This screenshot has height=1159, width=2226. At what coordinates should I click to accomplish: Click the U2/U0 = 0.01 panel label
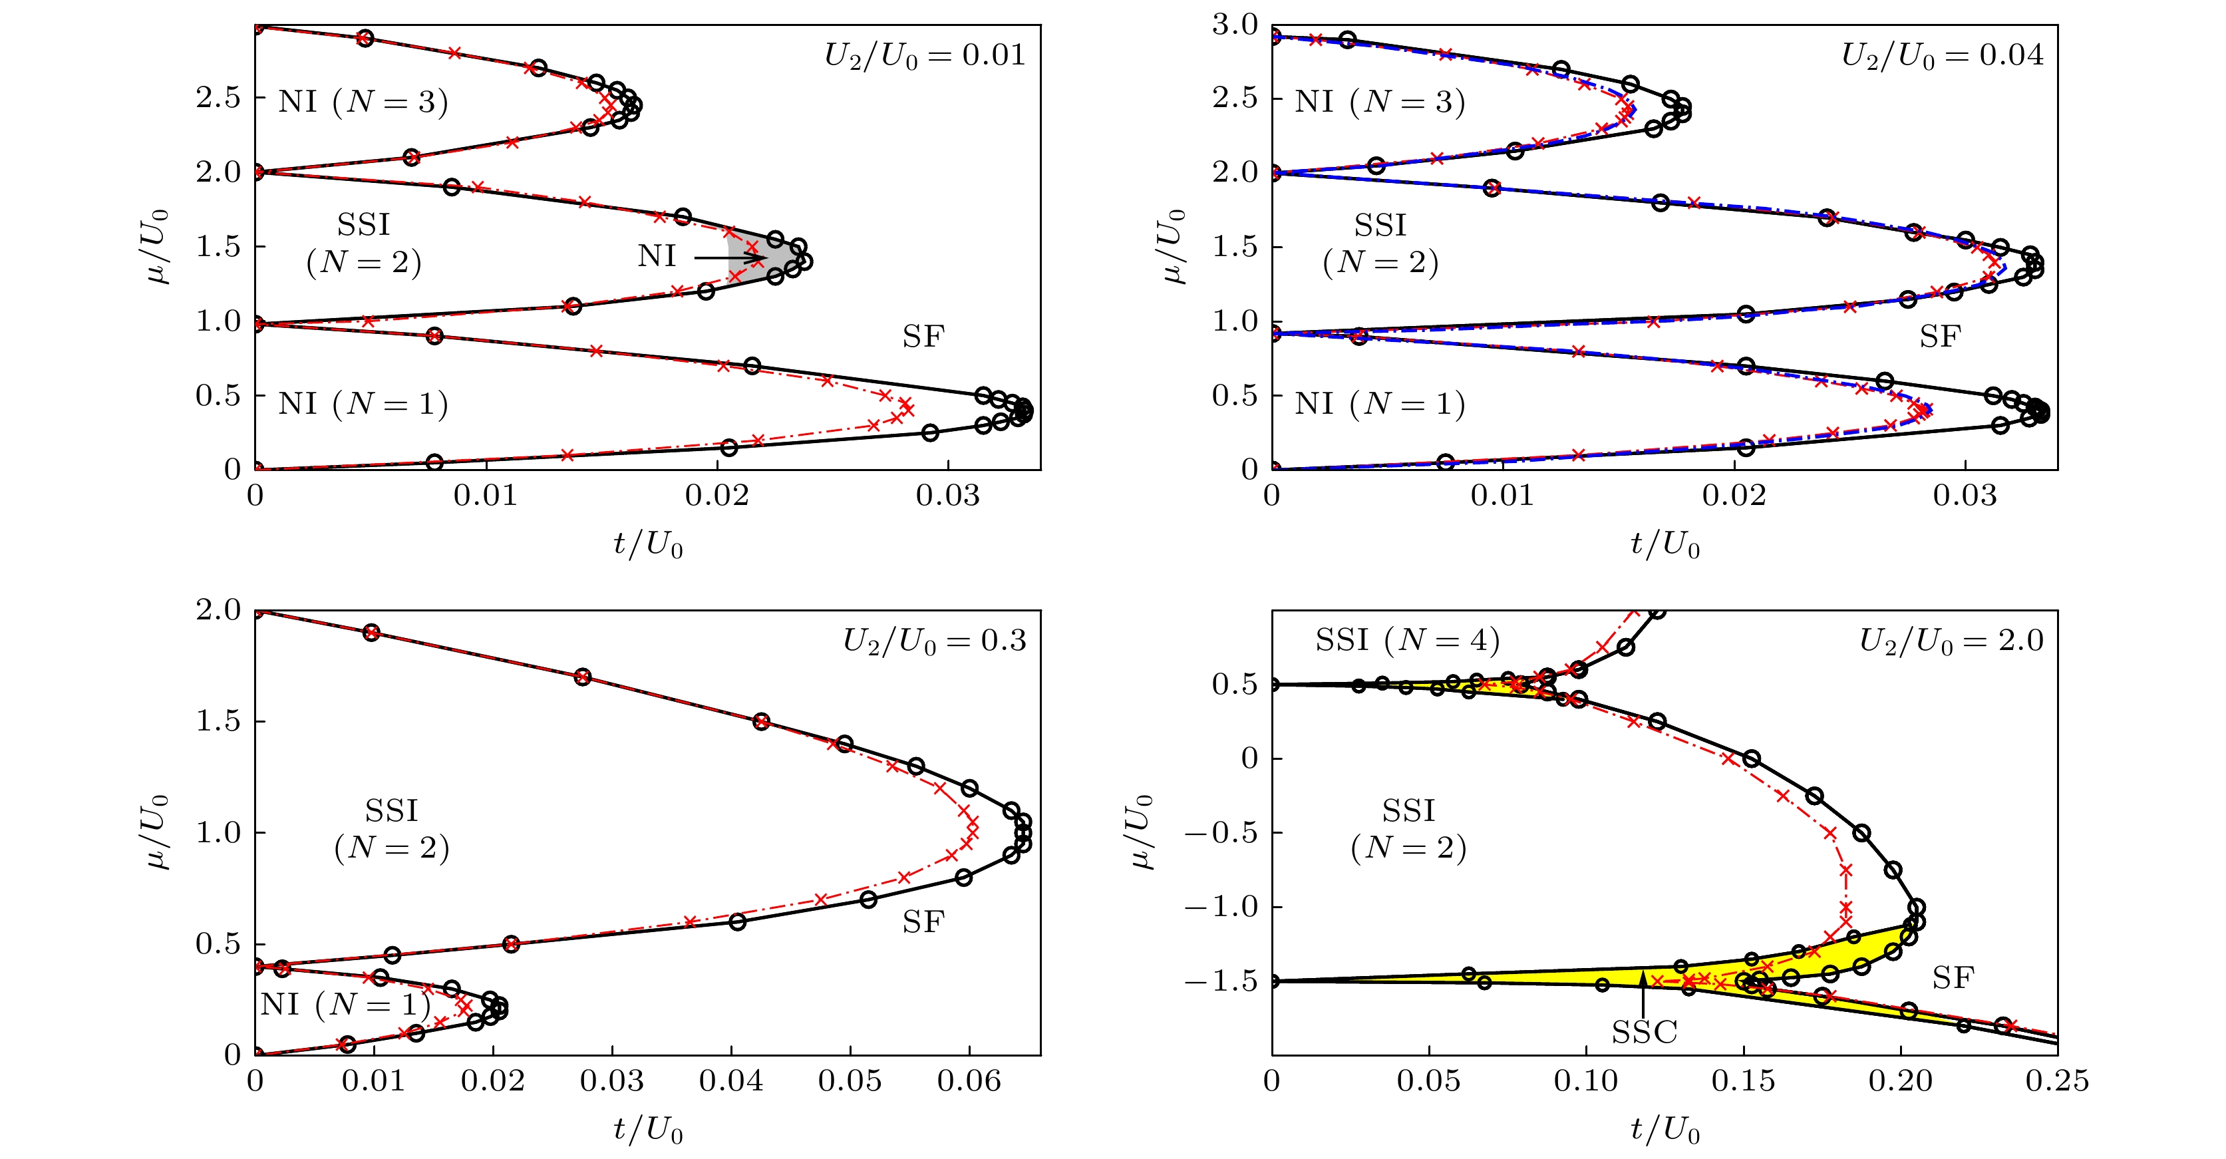(x=925, y=55)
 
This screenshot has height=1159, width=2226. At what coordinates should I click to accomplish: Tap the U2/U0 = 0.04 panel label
(x=1942, y=55)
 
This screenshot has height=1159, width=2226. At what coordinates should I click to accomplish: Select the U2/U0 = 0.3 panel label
(x=934, y=641)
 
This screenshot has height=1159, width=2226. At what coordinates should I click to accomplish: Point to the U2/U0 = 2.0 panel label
(x=1951, y=641)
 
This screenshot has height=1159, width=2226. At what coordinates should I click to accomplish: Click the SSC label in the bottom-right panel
(x=1644, y=1032)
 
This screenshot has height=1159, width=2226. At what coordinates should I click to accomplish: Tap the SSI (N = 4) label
(x=1407, y=641)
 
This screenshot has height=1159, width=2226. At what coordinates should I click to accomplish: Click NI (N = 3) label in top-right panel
(x=1379, y=102)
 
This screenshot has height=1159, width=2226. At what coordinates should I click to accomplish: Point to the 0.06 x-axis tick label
(x=969, y=1080)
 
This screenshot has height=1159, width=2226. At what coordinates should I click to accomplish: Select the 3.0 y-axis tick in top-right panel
(x=1234, y=25)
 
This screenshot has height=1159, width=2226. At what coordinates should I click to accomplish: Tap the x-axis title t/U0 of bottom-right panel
(x=1665, y=1129)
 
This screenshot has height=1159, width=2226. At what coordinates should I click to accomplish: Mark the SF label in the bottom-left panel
(x=923, y=922)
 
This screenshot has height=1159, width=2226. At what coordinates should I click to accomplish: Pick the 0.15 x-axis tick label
(x=1743, y=1080)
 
